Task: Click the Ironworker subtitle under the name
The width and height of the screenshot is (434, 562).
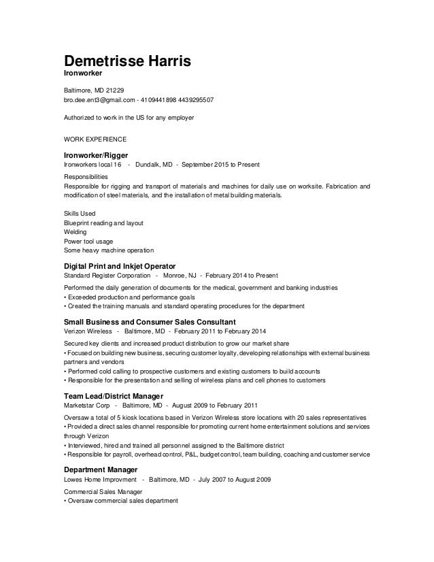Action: [x=83, y=75]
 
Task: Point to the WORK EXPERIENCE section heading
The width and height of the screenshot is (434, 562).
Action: [x=95, y=138]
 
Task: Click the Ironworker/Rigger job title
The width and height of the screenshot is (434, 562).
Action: [x=96, y=155]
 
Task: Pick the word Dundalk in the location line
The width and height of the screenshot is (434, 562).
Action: [x=148, y=165]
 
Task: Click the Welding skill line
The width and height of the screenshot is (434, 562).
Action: [x=76, y=231]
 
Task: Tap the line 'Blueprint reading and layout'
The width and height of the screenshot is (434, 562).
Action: [x=103, y=222]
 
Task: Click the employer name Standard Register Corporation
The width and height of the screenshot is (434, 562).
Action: [x=107, y=276]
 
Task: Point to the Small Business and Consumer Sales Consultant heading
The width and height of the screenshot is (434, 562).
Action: [x=150, y=321]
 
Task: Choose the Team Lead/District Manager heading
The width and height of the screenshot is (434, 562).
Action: [x=113, y=396]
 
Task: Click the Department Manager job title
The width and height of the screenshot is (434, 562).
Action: [x=101, y=470]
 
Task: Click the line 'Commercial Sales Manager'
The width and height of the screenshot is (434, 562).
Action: [x=103, y=492]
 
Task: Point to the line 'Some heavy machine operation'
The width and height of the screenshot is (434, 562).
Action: [x=109, y=250]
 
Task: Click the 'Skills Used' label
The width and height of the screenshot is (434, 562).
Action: [x=80, y=213]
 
